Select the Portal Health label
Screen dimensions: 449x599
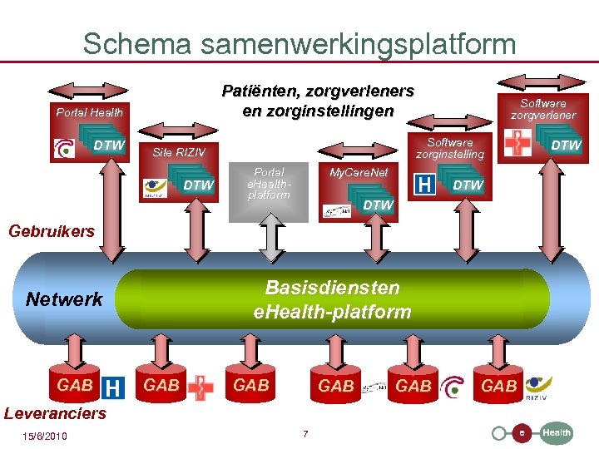89,112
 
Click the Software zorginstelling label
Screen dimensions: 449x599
449,148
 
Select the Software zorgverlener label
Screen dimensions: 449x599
542,109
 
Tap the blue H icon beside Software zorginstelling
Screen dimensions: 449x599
424,185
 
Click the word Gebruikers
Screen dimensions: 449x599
52,231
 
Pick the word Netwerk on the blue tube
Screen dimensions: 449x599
64,299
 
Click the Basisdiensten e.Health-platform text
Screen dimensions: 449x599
332,299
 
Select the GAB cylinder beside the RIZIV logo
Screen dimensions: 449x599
499,385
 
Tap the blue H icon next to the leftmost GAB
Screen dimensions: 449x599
113,387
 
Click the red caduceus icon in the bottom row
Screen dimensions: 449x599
199,387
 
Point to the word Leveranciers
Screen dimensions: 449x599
55,413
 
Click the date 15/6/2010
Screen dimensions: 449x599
45,437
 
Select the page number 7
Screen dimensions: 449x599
305,434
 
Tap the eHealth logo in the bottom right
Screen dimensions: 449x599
532,432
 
